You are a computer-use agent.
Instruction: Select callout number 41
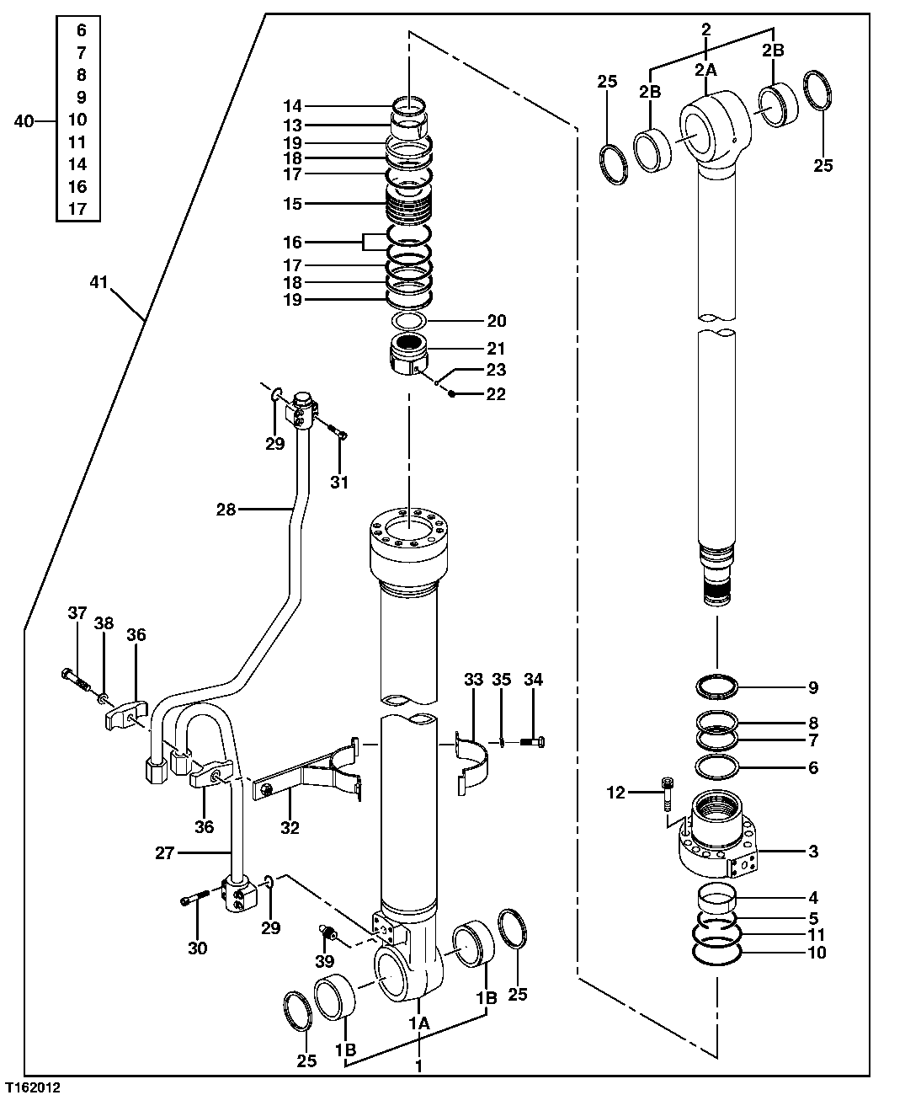point(98,283)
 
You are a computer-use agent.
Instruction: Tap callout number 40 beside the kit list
point(25,121)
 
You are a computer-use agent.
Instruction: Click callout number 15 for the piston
point(292,204)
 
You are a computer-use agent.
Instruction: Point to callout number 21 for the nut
point(496,348)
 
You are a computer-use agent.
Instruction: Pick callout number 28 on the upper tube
point(226,509)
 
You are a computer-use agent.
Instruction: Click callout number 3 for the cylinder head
point(812,852)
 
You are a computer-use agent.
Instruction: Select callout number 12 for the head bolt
point(617,793)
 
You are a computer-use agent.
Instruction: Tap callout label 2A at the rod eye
point(705,72)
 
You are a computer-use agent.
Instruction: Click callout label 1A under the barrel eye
point(419,1023)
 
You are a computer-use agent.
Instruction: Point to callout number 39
point(325,961)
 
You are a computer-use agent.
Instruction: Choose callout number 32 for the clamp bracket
point(290,828)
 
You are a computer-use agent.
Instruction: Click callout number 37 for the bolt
point(77,613)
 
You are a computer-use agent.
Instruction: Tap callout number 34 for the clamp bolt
point(534,679)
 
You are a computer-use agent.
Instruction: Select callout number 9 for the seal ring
point(812,687)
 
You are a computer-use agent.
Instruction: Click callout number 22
point(496,393)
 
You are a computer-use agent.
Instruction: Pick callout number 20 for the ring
point(496,320)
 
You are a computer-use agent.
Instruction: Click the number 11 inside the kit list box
point(77,142)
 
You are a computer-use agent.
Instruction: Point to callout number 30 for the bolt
point(197,948)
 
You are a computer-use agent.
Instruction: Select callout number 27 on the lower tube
point(164,853)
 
